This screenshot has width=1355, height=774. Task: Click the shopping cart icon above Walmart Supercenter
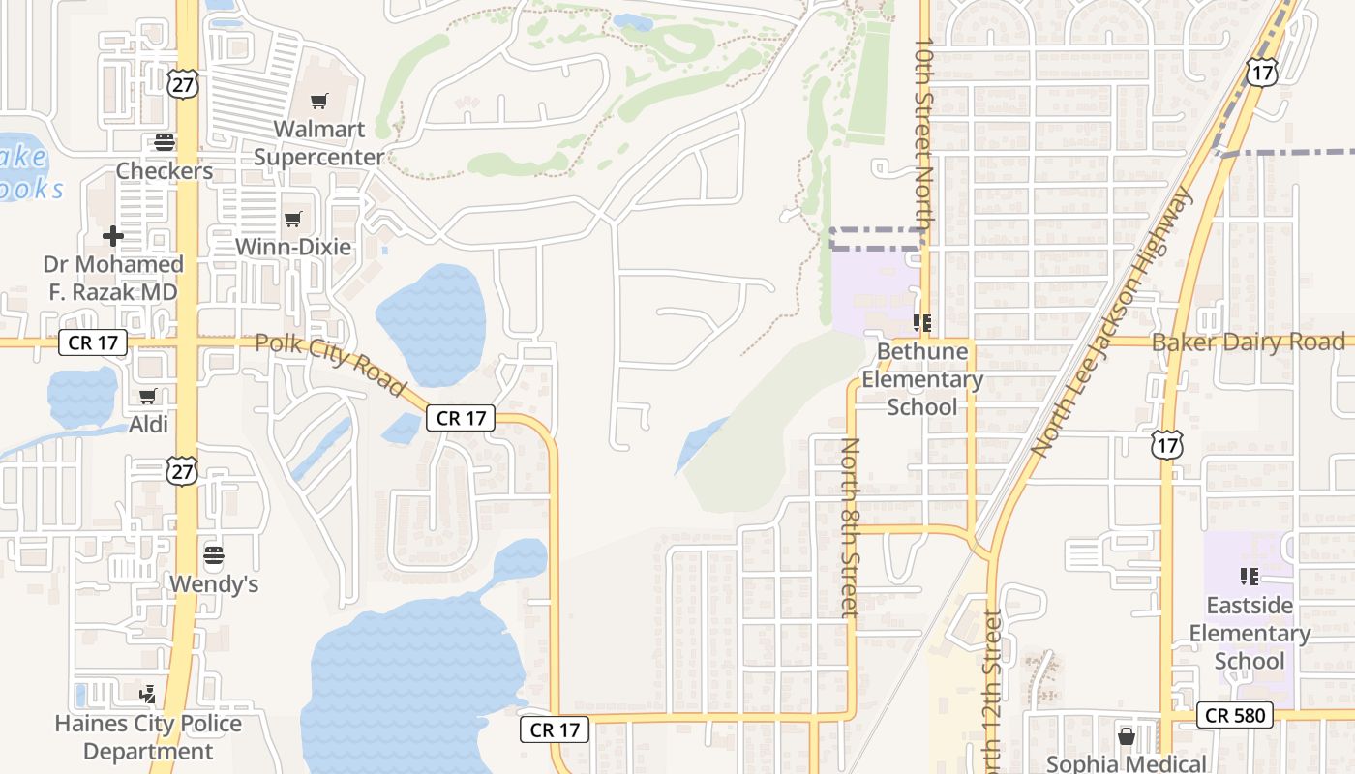click(x=319, y=101)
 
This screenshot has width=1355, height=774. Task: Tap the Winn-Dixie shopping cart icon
click(x=293, y=219)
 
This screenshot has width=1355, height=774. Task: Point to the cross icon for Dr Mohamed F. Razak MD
click(x=113, y=235)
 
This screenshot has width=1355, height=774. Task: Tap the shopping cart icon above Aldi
click(x=148, y=396)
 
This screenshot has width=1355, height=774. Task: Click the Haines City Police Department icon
click(x=148, y=694)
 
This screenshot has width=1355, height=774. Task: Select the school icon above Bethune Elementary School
click(x=921, y=323)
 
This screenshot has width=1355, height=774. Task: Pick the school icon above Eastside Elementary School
click(x=1250, y=577)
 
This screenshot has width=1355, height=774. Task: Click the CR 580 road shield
click(x=1234, y=715)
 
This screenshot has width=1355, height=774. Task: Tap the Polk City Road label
click(x=330, y=363)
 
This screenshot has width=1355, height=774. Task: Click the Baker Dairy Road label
click(x=1248, y=342)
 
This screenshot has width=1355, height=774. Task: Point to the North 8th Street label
click(x=850, y=527)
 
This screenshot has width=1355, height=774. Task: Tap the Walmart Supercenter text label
click(x=319, y=142)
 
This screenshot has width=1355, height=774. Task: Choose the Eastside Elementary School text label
click(x=1250, y=633)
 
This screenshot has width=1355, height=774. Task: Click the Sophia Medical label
click(x=1127, y=763)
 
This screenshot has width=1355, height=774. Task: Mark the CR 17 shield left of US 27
click(x=93, y=342)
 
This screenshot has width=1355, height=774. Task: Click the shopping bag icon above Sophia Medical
click(x=1127, y=736)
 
